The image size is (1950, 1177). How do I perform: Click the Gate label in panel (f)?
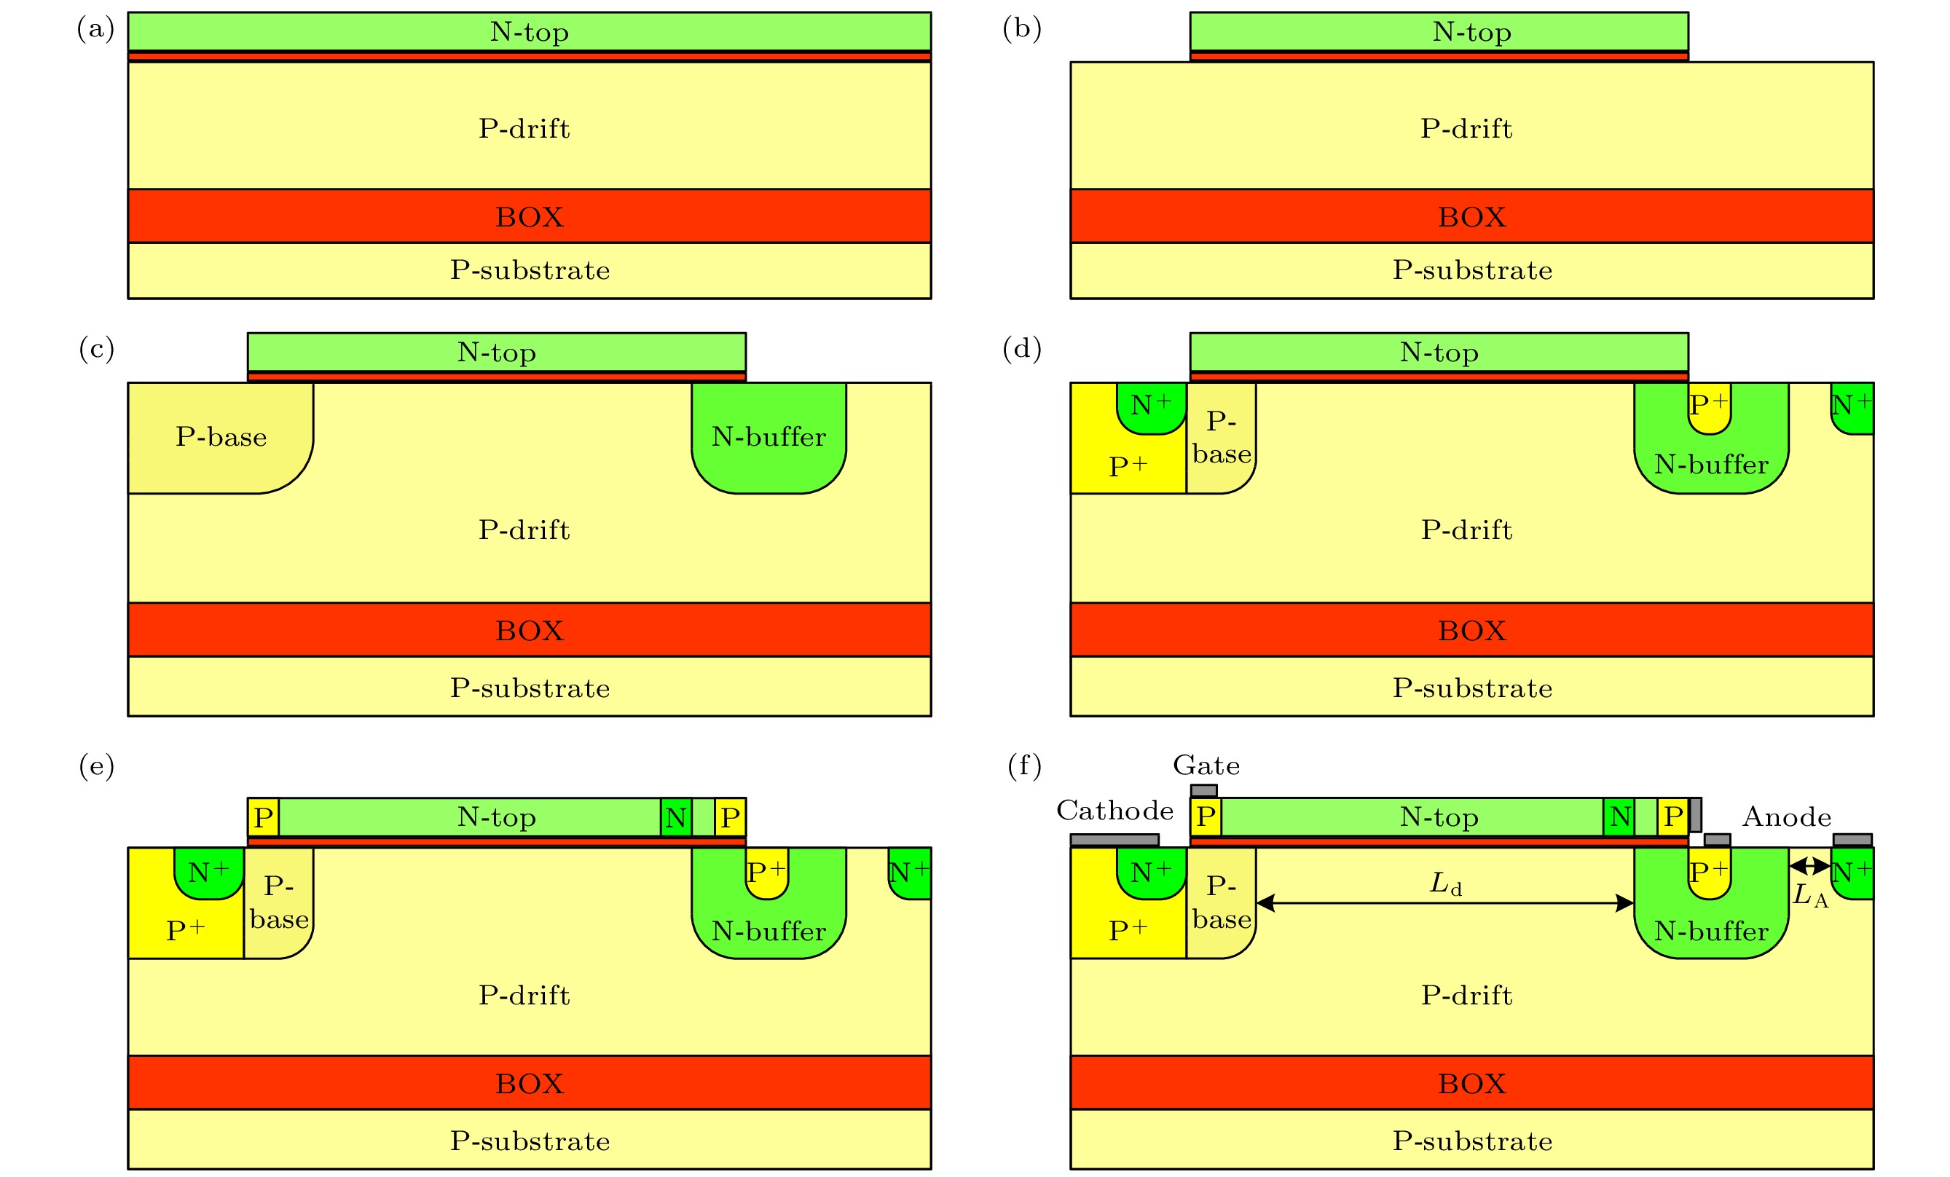(x=1206, y=765)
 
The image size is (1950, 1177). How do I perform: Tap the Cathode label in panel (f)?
(x=1114, y=811)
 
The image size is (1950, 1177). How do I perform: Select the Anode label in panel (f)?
(x=1787, y=817)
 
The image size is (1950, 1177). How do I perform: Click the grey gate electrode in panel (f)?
(x=1203, y=791)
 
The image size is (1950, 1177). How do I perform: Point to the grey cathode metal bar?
(x=1114, y=840)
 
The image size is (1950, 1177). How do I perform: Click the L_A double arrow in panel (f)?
(x=1810, y=866)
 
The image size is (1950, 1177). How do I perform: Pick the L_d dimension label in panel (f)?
(x=1445, y=883)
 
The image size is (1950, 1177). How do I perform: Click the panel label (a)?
(x=95, y=29)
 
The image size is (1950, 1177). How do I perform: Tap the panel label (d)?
(x=1022, y=349)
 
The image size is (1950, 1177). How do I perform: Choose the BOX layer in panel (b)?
(x=1471, y=216)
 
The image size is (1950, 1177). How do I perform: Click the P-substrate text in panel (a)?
(x=530, y=270)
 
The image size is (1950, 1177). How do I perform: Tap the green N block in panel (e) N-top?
(x=676, y=818)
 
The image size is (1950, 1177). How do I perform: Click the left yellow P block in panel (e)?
(x=264, y=818)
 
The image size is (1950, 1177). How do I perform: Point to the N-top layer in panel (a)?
(x=529, y=31)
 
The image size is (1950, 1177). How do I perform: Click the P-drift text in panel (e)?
(x=524, y=995)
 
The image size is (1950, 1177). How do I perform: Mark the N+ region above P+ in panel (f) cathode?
(x=1151, y=873)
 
